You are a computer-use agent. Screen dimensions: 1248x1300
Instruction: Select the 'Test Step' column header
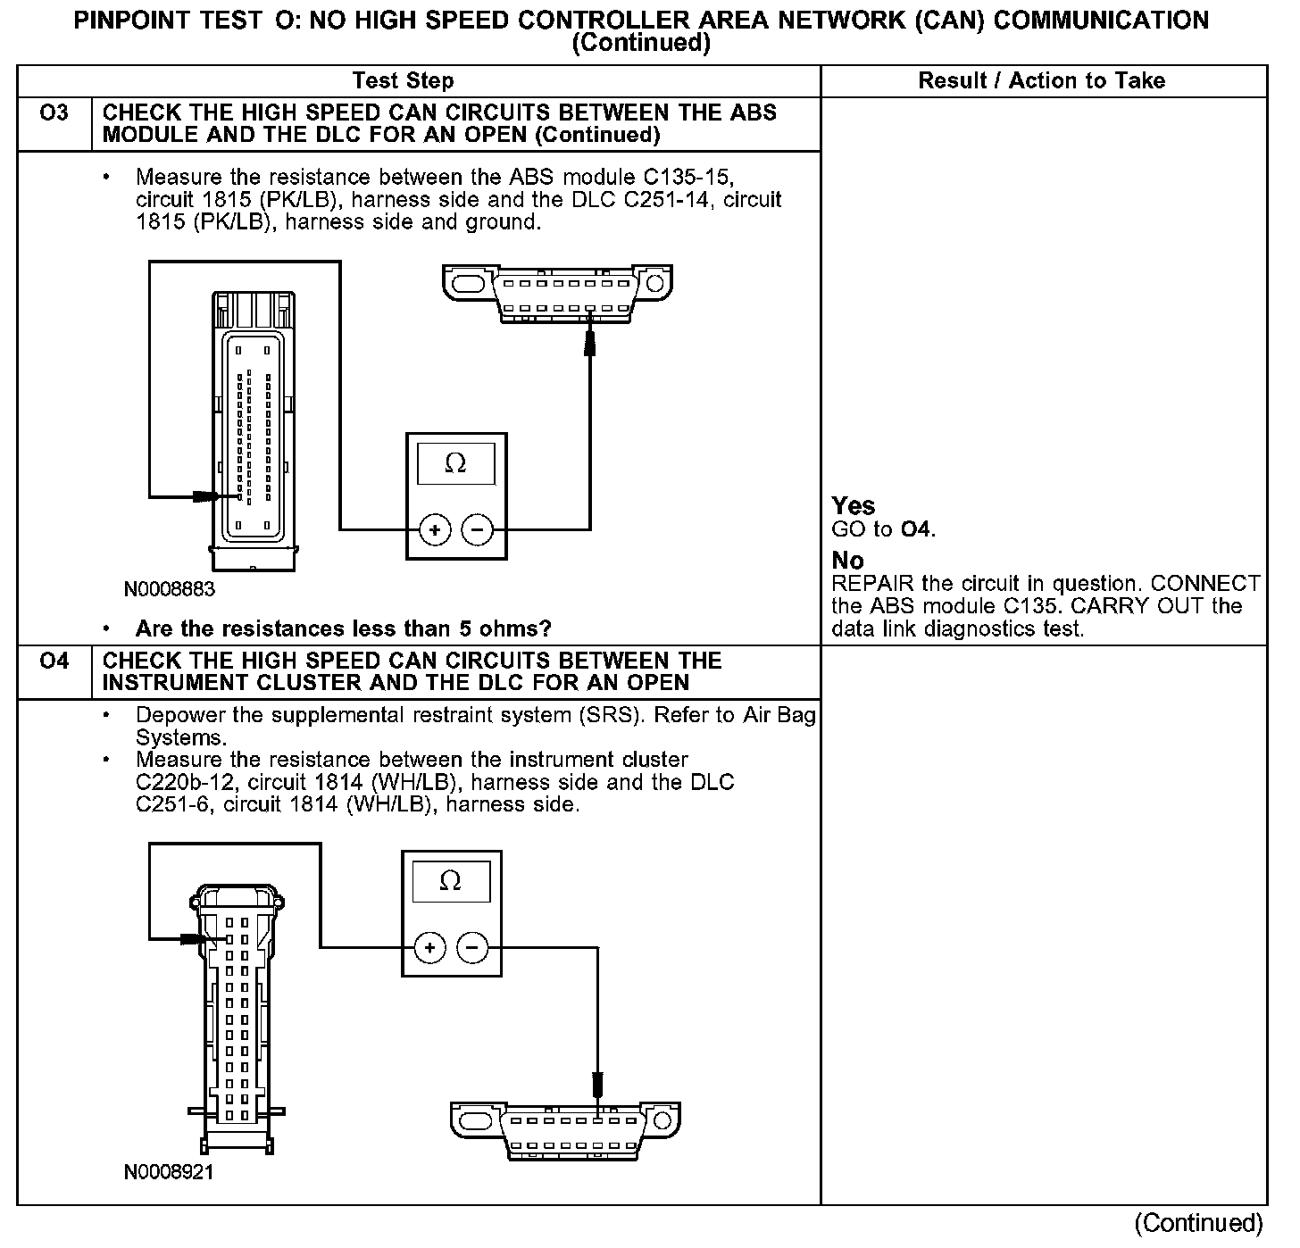(x=403, y=81)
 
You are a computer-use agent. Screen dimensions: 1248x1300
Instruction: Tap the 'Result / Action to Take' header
(x=1041, y=81)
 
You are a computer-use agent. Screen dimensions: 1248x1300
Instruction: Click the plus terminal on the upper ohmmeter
(x=435, y=531)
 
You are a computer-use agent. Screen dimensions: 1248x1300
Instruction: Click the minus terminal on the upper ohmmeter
(x=478, y=531)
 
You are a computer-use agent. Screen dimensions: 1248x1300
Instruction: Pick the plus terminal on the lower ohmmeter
(x=429, y=948)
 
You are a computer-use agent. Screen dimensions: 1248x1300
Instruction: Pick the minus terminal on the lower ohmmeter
(x=472, y=948)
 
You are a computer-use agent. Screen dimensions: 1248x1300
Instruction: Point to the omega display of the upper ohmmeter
(x=455, y=463)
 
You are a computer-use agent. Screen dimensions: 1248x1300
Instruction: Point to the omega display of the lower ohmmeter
(x=451, y=881)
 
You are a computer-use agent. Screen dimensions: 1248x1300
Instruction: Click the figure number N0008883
(x=170, y=589)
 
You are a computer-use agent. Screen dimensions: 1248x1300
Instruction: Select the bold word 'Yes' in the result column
(x=854, y=506)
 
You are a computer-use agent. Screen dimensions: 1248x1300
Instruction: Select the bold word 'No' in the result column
(x=847, y=561)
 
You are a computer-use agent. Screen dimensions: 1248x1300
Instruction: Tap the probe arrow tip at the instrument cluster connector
(x=202, y=939)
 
